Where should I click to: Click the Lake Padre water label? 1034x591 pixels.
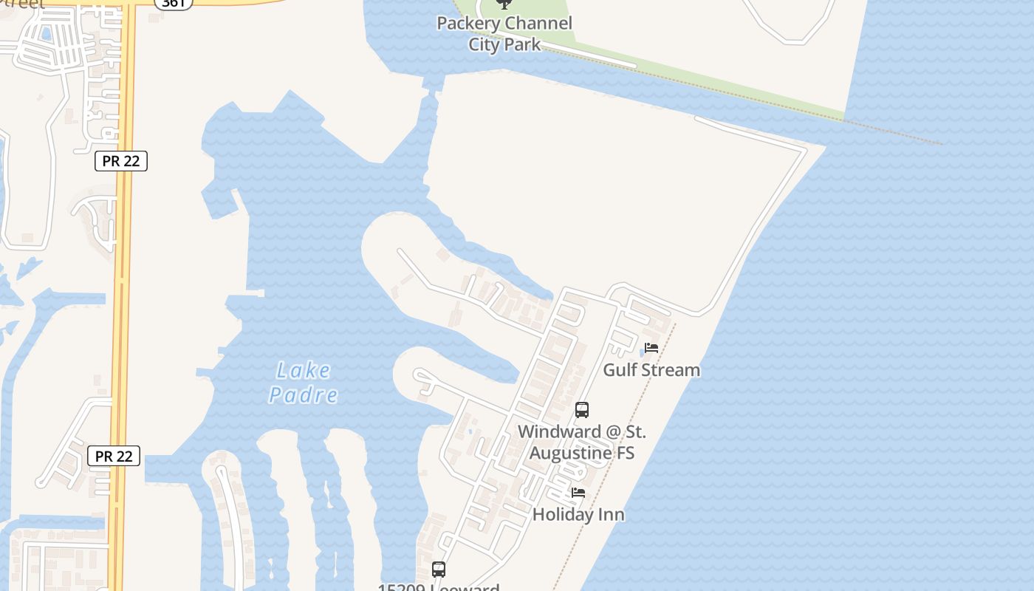click(x=304, y=383)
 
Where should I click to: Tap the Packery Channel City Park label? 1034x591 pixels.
click(x=504, y=33)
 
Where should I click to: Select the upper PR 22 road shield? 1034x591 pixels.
click(x=121, y=161)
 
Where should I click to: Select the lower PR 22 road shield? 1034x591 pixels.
click(x=114, y=456)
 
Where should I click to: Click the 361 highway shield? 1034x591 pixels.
click(x=174, y=3)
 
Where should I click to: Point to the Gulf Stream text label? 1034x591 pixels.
click(x=651, y=369)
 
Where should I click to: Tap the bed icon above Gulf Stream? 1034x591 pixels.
click(x=651, y=348)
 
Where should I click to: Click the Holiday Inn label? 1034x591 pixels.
click(x=578, y=514)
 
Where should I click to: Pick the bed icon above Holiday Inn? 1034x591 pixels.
click(x=578, y=493)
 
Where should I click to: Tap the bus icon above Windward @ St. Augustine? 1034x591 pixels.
click(x=582, y=410)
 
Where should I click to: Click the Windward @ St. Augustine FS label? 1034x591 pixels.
click(x=582, y=442)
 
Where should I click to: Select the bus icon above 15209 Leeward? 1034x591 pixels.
click(x=439, y=570)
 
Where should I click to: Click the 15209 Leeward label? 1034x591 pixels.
click(x=439, y=587)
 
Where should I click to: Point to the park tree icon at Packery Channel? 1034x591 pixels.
click(x=504, y=4)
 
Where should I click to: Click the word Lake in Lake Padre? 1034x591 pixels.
click(x=304, y=370)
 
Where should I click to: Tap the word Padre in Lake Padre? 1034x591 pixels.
click(x=304, y=395)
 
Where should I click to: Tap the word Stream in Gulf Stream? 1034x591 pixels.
click(x=674, y=369)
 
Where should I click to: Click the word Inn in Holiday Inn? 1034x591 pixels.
click(x=610, y=514)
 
